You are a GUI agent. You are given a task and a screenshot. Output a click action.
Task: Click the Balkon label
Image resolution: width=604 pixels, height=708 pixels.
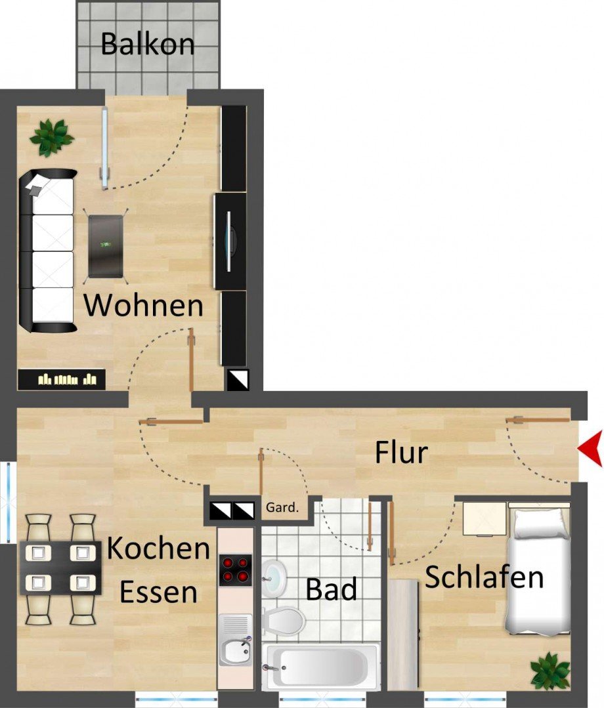coord(147,44)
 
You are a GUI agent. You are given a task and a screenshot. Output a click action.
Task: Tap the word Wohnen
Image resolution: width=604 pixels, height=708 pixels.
coord(144,306)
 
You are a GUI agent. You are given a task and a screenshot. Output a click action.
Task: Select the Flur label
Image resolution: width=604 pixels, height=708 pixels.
coord(401,452)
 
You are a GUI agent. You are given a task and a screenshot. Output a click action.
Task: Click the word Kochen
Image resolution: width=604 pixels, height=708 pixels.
coord(158,549)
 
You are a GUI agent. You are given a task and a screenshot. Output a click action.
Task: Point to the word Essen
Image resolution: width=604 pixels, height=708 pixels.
coord(158,592)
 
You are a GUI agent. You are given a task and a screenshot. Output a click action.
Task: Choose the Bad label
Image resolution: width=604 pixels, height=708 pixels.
coord(332,589)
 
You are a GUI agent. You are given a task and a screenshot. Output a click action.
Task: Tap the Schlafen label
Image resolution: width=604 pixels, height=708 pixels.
coord(485,577)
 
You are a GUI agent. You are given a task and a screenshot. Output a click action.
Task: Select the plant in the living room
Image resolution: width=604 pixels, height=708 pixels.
coord(51,136)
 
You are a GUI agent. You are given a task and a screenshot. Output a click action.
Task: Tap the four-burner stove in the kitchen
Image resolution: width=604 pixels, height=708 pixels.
coord(235,570)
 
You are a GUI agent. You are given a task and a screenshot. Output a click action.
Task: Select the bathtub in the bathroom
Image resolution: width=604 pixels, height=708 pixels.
coord(321,665)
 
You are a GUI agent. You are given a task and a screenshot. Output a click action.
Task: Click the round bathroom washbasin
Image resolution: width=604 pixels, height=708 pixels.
coord(276,575)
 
